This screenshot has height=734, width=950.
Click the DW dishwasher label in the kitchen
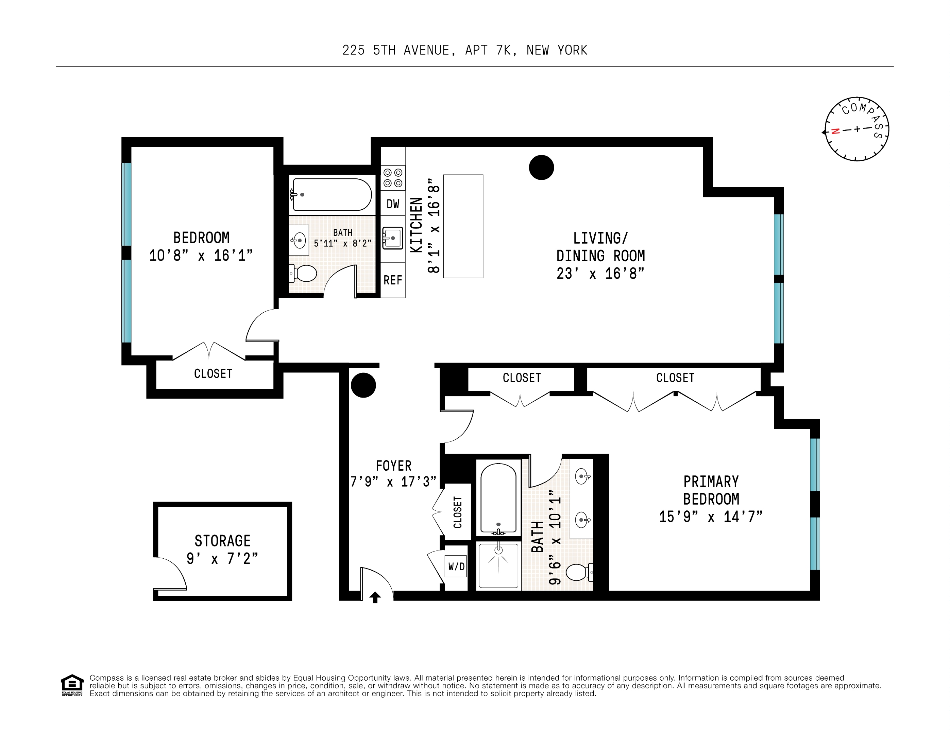[x=393, y=204]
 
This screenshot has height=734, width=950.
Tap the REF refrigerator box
[x=393, y=280]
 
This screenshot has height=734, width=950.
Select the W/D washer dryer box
[x=456, y=566]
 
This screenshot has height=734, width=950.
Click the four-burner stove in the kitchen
[x=393, y=178]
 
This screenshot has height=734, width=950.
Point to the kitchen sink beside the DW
[x=392, y=238]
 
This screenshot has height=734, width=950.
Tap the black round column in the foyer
[x=363, y=385]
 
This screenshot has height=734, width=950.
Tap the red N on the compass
[x=835, y=131]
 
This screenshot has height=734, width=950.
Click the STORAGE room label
[x=222, y=541]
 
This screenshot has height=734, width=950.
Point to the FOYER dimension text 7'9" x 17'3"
[x=393, y=482]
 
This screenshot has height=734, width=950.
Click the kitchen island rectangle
[x=463, y=226]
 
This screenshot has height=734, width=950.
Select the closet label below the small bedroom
[x=213, y=373]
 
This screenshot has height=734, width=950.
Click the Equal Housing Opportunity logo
[x=72, y=685]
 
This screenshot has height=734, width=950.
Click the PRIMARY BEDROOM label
[x=711, y=490]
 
